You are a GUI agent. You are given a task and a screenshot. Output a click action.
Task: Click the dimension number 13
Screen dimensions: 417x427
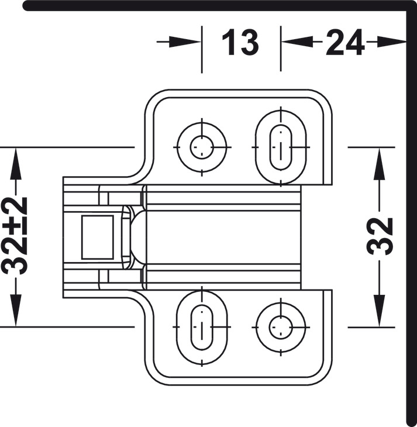coord(240,43)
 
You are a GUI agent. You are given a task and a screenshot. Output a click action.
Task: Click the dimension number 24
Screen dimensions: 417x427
coord(345,43)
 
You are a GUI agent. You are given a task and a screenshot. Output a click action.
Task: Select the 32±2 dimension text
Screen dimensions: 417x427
coord(15,236)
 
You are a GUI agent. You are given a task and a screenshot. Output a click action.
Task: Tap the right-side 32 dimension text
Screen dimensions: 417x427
coord(380,236)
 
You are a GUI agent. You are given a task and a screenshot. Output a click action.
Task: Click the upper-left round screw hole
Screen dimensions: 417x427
coord(202,147)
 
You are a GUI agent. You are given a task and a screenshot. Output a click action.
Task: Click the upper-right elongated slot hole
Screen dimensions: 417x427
coord(281,147)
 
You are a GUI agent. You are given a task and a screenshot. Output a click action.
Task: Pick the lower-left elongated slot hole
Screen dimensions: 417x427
coord(202,327)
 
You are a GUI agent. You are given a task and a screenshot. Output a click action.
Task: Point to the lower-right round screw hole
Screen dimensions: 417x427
coord(281,327)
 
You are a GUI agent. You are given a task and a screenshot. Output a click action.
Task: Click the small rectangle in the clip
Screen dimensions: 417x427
coord(98,237)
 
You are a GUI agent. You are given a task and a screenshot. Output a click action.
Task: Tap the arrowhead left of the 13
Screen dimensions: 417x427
coord(185,42)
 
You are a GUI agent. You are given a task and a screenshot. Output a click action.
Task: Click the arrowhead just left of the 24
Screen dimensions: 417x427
coord(297,42)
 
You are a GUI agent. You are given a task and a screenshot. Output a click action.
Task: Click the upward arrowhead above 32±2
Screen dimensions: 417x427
coord(16,163)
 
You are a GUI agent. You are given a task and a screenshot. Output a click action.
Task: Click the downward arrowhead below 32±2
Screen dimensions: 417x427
coord(16,311)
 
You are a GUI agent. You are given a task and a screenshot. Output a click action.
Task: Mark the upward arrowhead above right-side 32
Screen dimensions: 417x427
coord(379,163)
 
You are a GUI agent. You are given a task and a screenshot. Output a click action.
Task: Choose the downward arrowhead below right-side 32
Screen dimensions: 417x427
coord(379,311)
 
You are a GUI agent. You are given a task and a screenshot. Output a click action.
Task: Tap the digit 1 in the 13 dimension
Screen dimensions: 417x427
coord(228,43)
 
